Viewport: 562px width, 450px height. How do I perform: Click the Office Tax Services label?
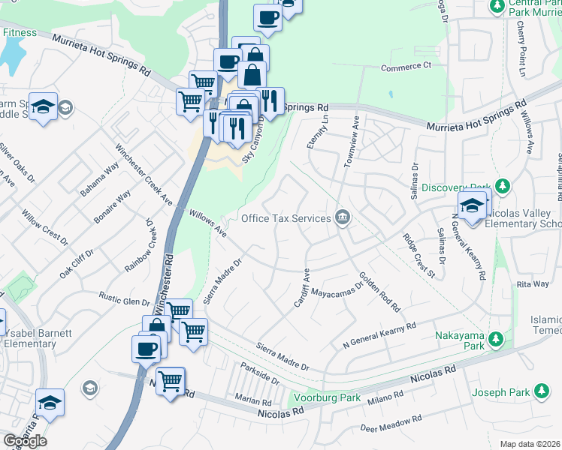[286, 218]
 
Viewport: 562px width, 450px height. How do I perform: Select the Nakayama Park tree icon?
[495, 338]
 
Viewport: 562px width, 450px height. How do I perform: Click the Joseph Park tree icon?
[541, 391]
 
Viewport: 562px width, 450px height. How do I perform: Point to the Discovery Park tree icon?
[503, 187]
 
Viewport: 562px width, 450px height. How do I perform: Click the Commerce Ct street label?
[405, 66]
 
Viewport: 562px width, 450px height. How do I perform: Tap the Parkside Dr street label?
[259, 373]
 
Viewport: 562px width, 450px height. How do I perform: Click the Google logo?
[25, 441]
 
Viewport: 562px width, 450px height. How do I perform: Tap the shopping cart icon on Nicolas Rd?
[171, 380]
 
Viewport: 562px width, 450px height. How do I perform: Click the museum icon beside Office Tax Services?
[343, 218]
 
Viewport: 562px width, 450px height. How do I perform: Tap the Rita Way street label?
[533, 283]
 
